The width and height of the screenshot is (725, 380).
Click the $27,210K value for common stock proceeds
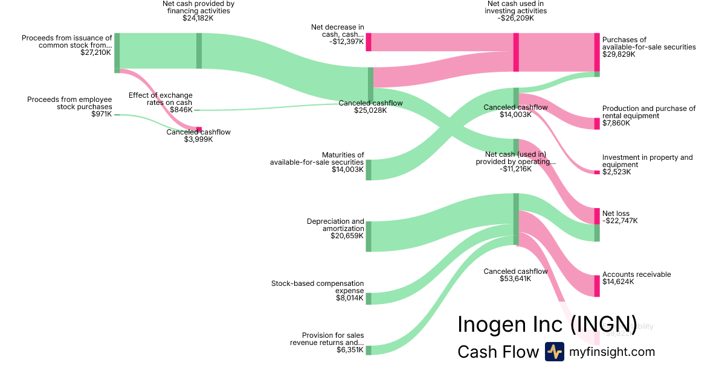tap(95, 52)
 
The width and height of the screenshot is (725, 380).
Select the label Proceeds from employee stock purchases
tap(69, 103)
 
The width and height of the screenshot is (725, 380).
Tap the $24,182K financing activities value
tap(198, 18)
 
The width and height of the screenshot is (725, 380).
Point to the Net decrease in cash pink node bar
tap(368, 42)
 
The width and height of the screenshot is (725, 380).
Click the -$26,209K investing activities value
tap(516, 18)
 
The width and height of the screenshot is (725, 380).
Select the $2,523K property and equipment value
tap(616, 172)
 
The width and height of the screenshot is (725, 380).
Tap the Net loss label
tap(616, 214)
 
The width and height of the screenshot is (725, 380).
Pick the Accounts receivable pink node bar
tap(597, 286)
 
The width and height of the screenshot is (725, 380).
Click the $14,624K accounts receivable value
tap(618, 282)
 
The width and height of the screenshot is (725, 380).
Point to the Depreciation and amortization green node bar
tap(368, 236)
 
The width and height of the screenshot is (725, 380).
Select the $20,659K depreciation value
tap(347, 236)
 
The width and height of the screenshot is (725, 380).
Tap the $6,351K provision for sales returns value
tap(350, 350)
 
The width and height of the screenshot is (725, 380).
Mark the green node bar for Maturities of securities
tap(368, 169)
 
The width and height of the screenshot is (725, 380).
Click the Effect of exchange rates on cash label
tap(160, 99)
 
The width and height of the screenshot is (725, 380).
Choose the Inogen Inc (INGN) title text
tap(547, 324)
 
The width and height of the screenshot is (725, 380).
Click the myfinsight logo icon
tap(554, 352)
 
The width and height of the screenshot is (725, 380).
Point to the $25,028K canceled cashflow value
tap(370, 110)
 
